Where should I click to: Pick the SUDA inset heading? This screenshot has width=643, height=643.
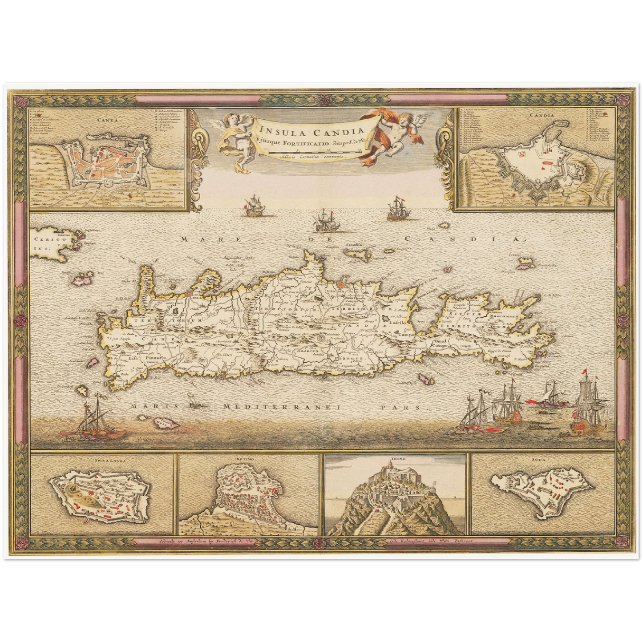pos(542,461)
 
